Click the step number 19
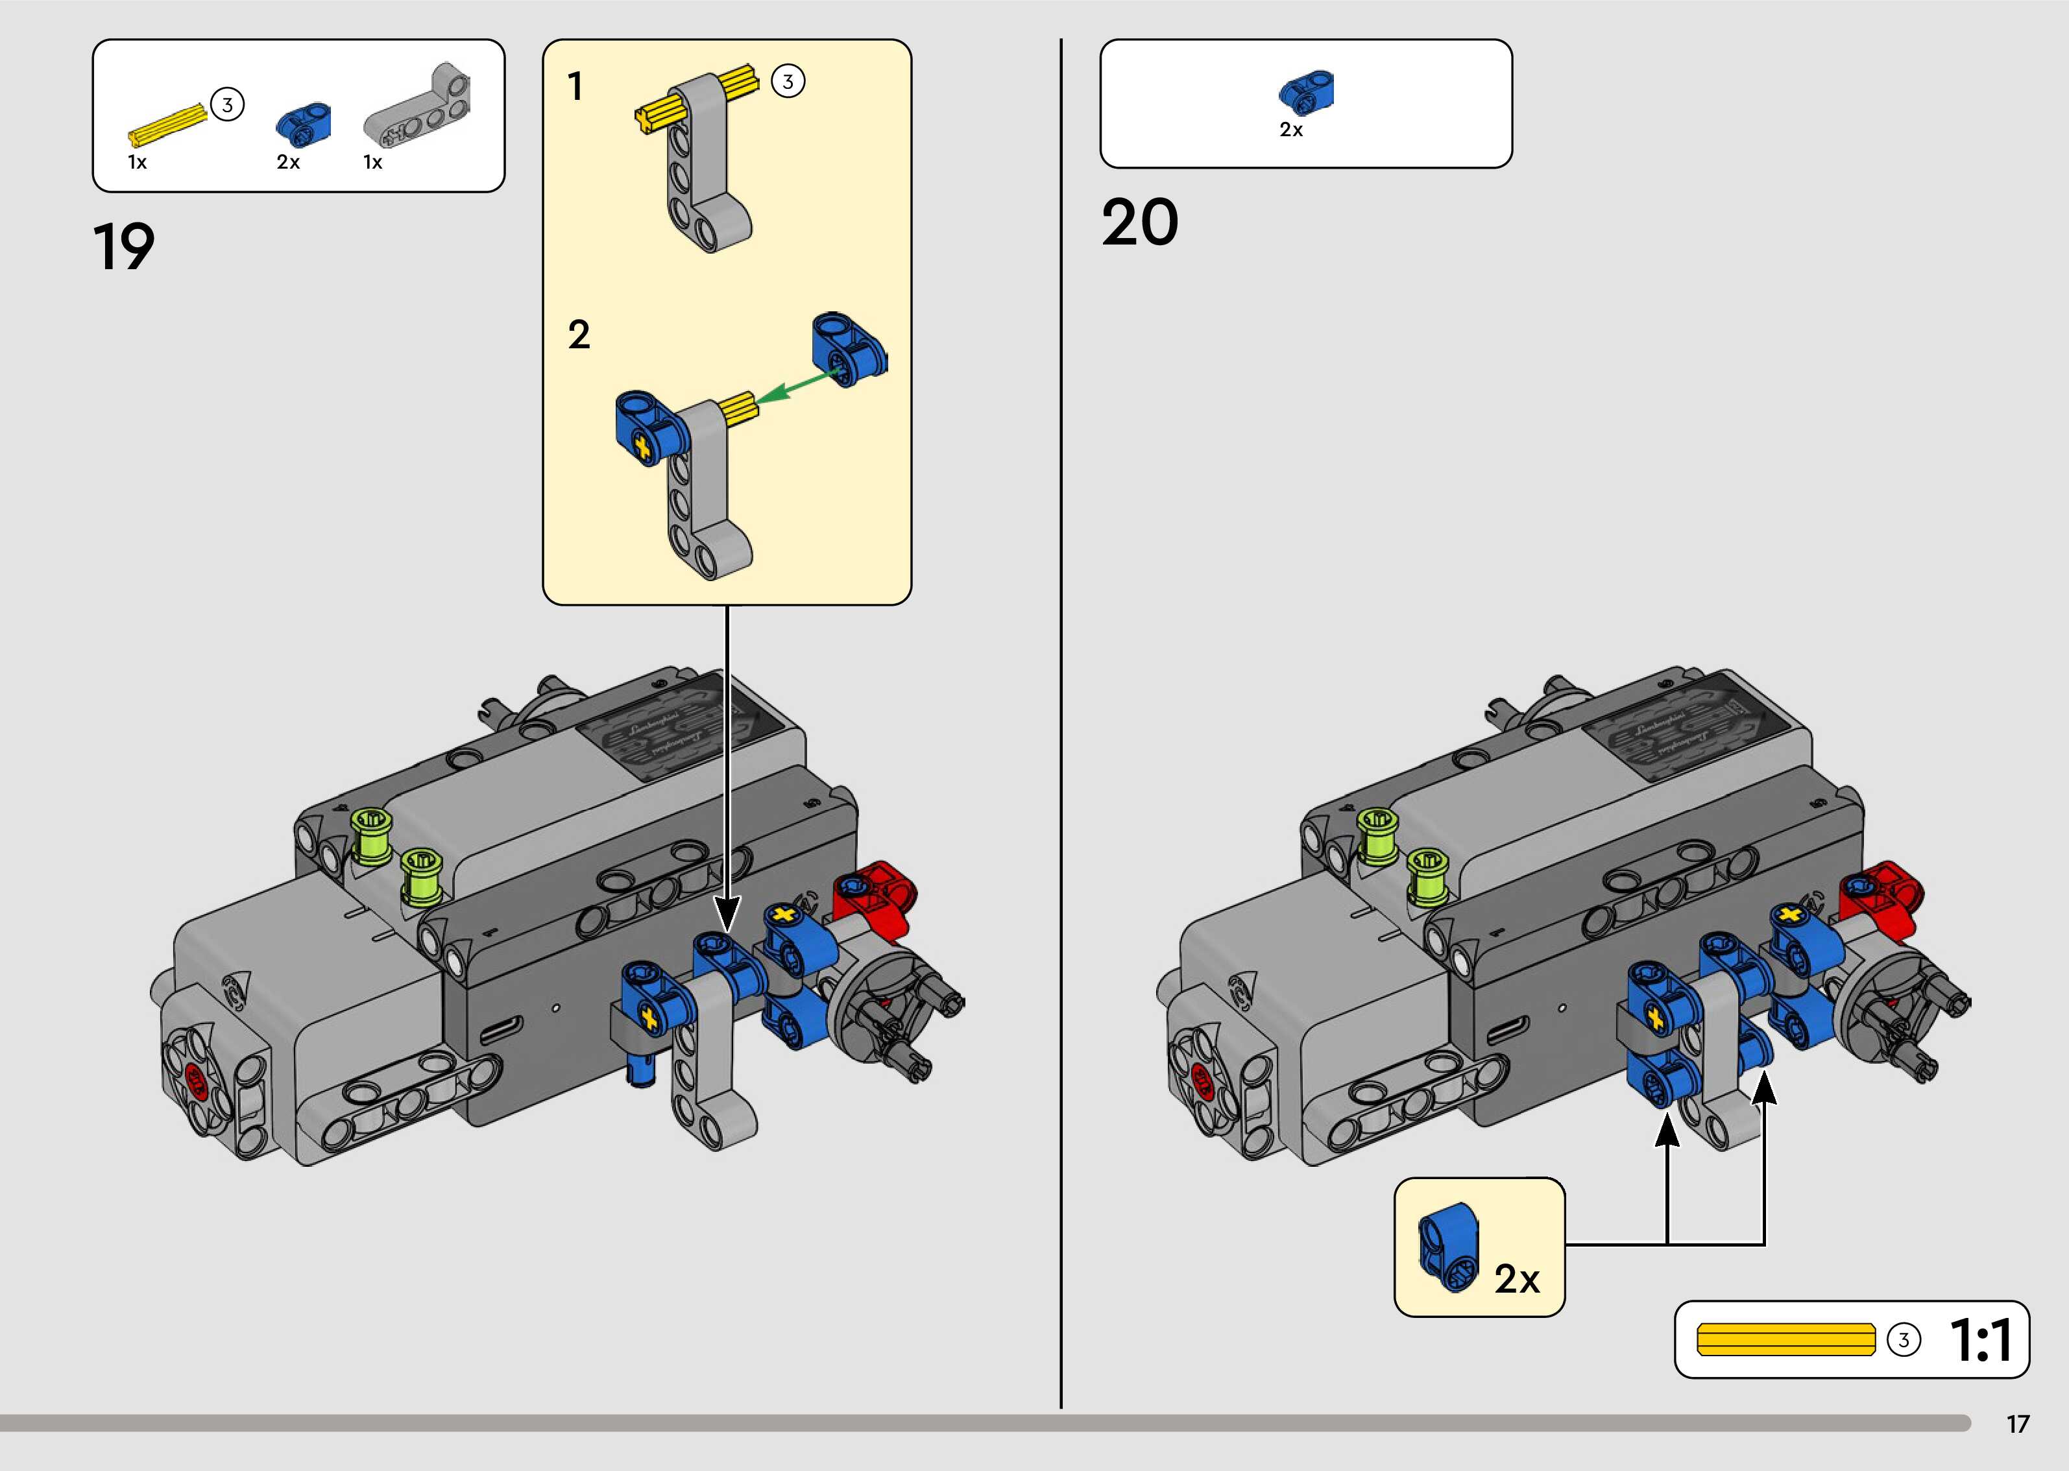pos(124,246)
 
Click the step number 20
pos(1139,223)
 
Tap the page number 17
pos(2017,1424)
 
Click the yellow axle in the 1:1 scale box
pos(1785,1340)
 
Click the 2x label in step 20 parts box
pos(1291,130)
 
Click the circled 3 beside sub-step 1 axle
pos(787,82)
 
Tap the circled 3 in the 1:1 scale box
pos(1903,1341)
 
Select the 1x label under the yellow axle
pos(137,163)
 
